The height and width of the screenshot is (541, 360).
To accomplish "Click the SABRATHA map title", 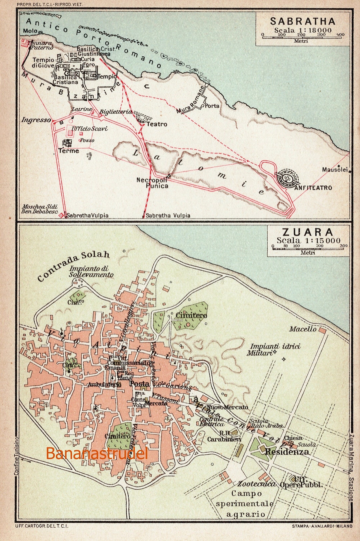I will click(x=303, y=21).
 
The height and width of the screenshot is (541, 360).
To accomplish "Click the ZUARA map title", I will click(x=308, y=232).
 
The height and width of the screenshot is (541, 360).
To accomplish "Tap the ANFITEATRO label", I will click(x=313, y=188).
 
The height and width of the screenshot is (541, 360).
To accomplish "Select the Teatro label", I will click(x=157, y=124).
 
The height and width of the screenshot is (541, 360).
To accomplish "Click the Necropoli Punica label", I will click(x=153, y=183).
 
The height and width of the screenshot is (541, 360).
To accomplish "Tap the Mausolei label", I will click(x=334, y=169).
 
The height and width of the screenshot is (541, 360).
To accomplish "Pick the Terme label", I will click(x=69, y=151).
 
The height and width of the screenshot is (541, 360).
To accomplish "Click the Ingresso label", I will click(x=36, y=120).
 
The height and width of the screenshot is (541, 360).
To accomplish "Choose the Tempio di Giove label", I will click(x=43, y=63).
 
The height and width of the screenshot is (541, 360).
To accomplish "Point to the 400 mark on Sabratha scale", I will click(x=340, y=34).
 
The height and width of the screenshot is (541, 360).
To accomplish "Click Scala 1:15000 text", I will click(x=308, y=240).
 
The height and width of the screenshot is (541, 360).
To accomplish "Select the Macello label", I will click(x=303, y=329).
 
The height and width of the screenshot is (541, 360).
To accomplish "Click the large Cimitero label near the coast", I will click(x=191, y=315).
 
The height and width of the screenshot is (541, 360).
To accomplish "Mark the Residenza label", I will click(x=287, y=452).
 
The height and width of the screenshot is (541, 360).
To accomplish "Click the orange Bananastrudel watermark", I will click(x=96, y=454).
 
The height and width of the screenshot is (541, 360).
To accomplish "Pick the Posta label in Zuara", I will click(x=139, y=384).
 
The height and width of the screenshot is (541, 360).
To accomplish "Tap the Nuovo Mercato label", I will click(x=227, y=407).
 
